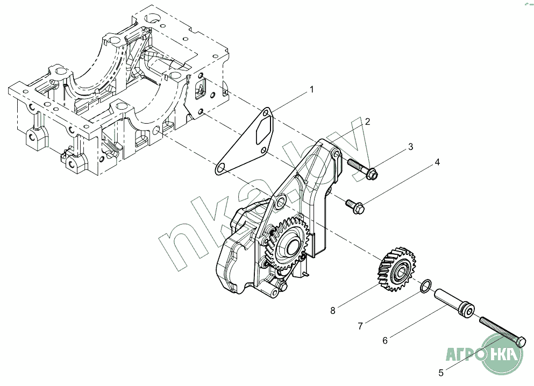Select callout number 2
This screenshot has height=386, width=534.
click(367, 122)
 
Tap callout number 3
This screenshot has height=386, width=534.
click(410, 146)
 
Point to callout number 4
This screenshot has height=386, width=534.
click(437, 162)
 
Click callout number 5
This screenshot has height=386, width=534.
click(440, 372)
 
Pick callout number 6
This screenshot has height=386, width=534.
click(385, 340)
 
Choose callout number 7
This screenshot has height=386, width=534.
click(361, 326)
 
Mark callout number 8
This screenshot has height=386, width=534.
click(333, 310)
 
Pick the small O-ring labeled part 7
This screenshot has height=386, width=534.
click(425, 286)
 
